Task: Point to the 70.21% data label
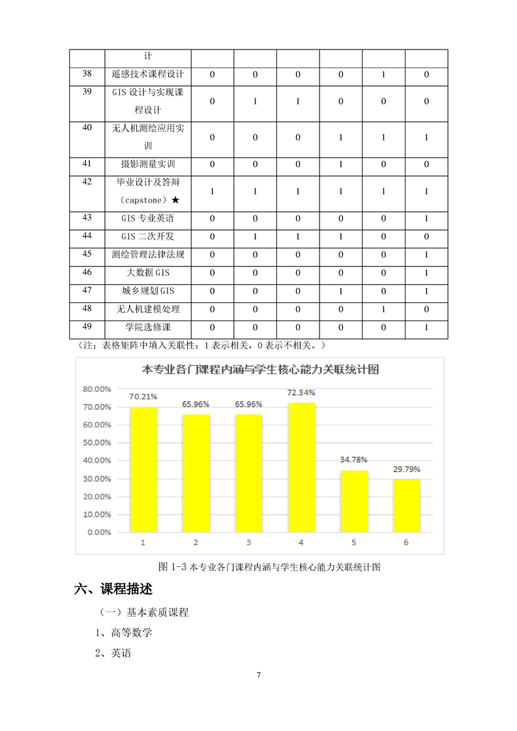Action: pyautogui.click(x=143, y=396)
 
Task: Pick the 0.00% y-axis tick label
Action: pyautogui.click(x=98, y=532)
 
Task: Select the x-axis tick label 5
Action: pyautogui.click(x=353, y=543)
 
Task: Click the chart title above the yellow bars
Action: pyautogui.click(x=261, y=370)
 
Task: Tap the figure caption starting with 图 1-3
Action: pyautogui.click(x=260, y=567)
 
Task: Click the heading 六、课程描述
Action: pyautogui.click(x=113, y=590)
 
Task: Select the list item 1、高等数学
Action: pyautogui.click(x=124, y=632)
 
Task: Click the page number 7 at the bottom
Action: pyautogui.click(x=259, y=674)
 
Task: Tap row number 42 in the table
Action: pyautogui.click(x=87, y=182)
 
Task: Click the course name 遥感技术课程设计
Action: pyautogui.click(x=148, y=75)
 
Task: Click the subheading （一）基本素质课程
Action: pyautogui.click(x=144, y=612)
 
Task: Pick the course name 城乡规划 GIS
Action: pyautogui.click(x=148, y=291)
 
